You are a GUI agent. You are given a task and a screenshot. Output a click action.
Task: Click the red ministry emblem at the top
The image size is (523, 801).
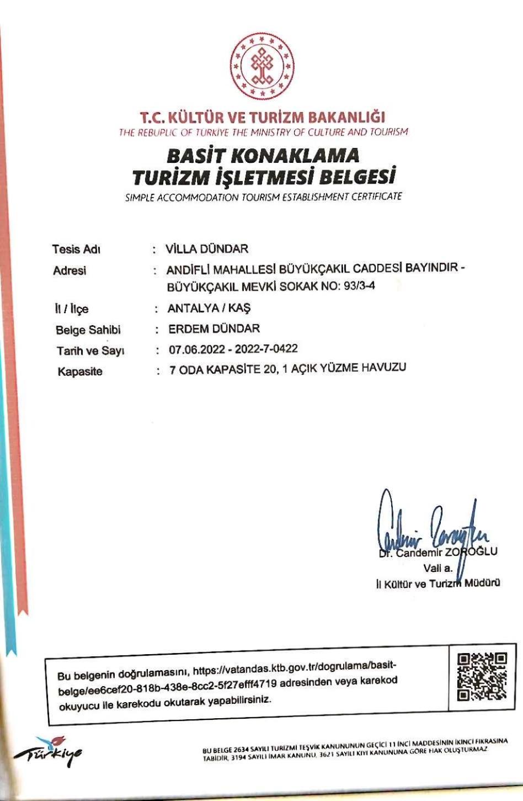pos(261,66)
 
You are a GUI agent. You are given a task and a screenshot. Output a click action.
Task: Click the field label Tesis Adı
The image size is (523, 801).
pos(76,249)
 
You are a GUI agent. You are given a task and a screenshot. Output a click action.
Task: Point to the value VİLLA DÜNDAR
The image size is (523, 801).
pos(207,249)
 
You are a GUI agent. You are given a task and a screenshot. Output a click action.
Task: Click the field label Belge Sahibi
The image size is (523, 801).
pos(88,330)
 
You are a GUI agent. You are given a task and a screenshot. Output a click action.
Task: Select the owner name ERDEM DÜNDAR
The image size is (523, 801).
pos(214,328)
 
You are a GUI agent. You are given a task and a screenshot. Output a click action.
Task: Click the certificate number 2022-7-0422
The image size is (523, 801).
pos(266,348)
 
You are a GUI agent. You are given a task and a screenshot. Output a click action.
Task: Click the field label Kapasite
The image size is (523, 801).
pos(80,372)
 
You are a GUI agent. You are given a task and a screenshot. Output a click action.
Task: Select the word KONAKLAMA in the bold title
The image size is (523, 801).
pos(295,156)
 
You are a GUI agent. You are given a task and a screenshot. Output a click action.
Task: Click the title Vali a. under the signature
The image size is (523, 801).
pos(437,568)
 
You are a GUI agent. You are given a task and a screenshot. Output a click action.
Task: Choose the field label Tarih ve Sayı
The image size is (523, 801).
pos(90,351)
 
